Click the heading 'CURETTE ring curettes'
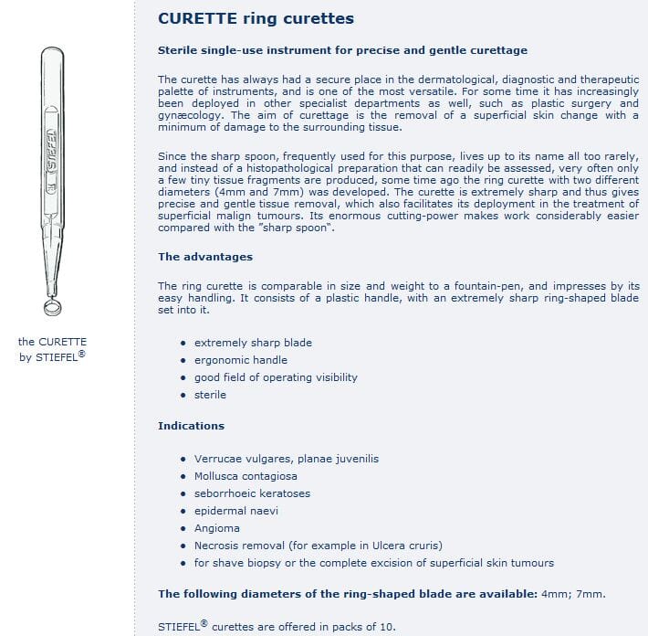click(256, 18)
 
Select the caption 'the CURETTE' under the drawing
click(53, 342)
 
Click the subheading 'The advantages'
click(205, 257)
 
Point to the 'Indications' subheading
click(191, 426)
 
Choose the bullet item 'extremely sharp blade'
click(253, 343)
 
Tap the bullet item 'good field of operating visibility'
click(276, 377)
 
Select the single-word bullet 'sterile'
click(210, 395)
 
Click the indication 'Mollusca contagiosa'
click(246, 476)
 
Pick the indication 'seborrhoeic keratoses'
click(252, 493)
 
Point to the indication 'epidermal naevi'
click(236, 511)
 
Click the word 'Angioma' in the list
click(217, 528)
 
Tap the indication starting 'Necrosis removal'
click(319, 546)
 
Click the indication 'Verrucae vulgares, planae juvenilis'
click(286, 459)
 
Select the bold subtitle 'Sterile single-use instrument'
click(342, 49)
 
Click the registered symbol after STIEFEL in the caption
click(82, 352)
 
